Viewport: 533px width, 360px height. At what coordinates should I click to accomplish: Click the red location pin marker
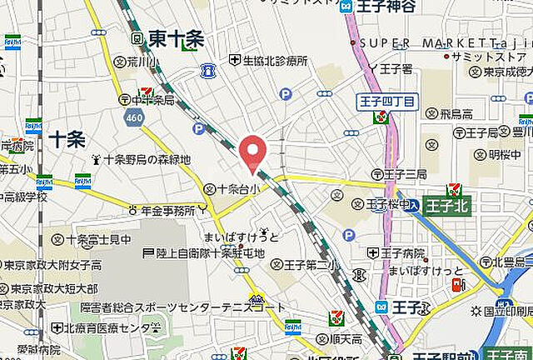[253, 153]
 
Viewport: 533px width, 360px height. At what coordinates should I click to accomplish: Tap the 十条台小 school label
[238, 190]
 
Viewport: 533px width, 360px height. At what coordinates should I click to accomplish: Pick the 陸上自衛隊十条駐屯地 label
[203, 252]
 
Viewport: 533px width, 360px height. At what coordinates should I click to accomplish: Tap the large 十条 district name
[67, 139]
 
